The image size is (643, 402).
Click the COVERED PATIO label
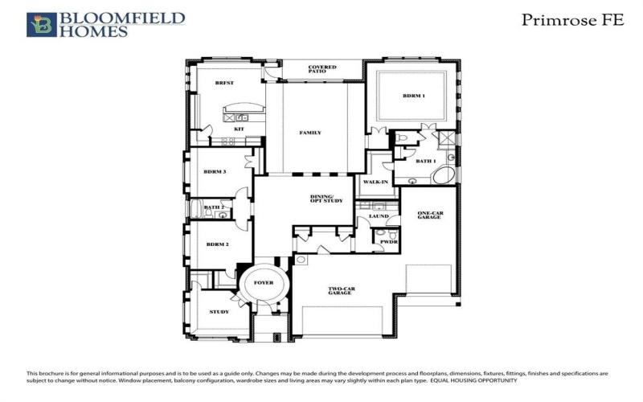pyautogui.click(x=321, y=69)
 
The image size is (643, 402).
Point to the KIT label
pyautogui.click(x=239, y=129)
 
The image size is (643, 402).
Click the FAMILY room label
pyautogui.click(x=310, y=133)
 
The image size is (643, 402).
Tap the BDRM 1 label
pyautogui.click(x=414, y=96)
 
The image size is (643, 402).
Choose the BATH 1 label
pyautogui.click(x=425, y=161)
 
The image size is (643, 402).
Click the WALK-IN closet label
pyautogui.click(x=376, y=183)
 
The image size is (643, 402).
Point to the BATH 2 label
pyautogui.click(x=213, y=207)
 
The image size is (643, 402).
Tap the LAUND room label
pyautogui.click(x=379, y=216)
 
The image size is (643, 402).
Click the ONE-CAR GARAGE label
pyautogui.click(x=430, y=215)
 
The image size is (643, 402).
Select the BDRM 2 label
pyautogui.click(x=218, y=244)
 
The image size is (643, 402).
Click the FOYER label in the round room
pyautogui.click(x=264, y=283)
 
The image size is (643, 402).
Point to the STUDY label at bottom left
pyautogui.click(x=218, y=312)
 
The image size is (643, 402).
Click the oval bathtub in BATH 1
pyautogui.click(x=447, y=175)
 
